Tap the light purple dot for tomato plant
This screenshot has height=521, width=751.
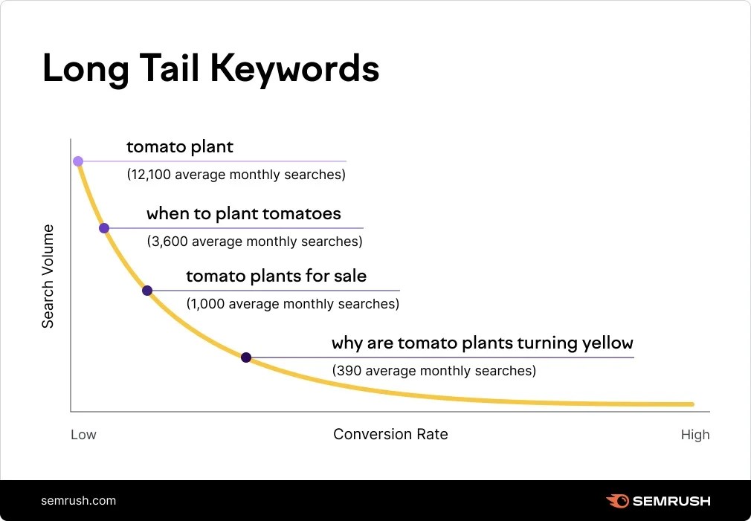[x=78, y=161]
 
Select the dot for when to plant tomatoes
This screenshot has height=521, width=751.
[x=104, y=228]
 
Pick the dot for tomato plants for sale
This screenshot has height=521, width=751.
[x=147, y=291]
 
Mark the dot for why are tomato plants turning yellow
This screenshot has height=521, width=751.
[x=246, y=357]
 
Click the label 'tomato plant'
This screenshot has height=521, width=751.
[x=180, y=146]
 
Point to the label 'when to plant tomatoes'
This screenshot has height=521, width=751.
[x=244, y=214]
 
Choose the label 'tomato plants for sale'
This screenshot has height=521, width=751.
[x=276, y=276]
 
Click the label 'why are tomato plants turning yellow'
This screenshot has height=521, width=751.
[x=482, y=343]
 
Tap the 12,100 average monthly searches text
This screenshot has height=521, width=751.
[x=236, y=175]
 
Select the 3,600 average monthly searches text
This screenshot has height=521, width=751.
[x=254, y=242]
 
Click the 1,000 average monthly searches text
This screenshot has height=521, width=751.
[x=292, y=304]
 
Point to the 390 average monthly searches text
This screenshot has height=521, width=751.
[x=433, y=370]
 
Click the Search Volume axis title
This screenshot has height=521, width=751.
[x=48, y=276]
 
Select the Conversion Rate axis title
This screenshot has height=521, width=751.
[x=390, y=434]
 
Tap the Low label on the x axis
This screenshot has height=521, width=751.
[x=83, y=435]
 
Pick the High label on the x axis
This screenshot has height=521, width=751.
[x=695, y=435]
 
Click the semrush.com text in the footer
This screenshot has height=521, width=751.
[x=79, y=500]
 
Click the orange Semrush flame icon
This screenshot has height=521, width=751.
[x=617, y=501]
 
